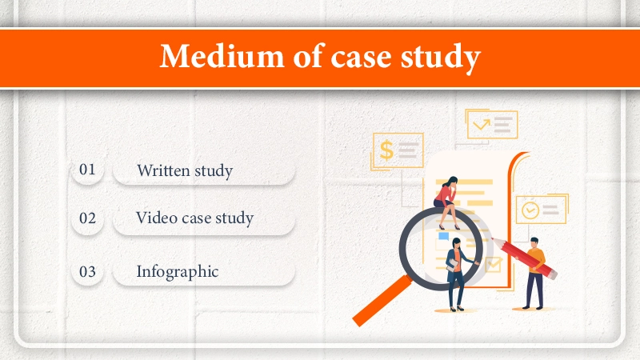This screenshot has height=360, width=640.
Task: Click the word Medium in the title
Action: coord(222,56)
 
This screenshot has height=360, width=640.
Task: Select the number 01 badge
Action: coord(87,170)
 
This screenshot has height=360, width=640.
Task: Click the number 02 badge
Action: coord(87,218)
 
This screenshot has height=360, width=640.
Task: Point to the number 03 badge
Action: coord(87,272)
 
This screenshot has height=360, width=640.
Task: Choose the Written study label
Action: coord(185,170)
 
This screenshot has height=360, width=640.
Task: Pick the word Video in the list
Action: coord(156,218)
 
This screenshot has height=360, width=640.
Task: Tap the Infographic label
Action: coord(178,272)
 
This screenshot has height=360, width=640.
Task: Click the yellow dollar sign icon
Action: coord(386,150)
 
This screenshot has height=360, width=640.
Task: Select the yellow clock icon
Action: coord(530,210)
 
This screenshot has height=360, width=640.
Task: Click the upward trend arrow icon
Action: coord(482,124)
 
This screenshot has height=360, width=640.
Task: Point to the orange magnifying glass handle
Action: coord(382,301)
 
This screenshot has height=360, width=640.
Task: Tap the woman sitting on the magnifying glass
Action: coord(447,202)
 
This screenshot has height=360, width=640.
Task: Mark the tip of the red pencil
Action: coord(493,238)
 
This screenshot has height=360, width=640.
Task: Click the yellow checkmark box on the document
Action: coord(494,265)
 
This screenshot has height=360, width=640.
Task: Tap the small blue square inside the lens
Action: coord(443,236)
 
